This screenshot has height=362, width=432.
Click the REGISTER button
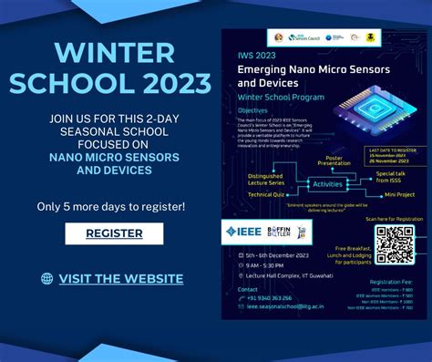(114, 233)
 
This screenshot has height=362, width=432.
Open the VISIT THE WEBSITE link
(121, 279)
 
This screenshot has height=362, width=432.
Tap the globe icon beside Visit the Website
(47, 279)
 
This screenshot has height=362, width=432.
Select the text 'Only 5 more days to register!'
(110, 206)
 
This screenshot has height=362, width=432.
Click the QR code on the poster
(395, 243)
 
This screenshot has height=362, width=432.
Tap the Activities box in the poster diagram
(327, 184)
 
